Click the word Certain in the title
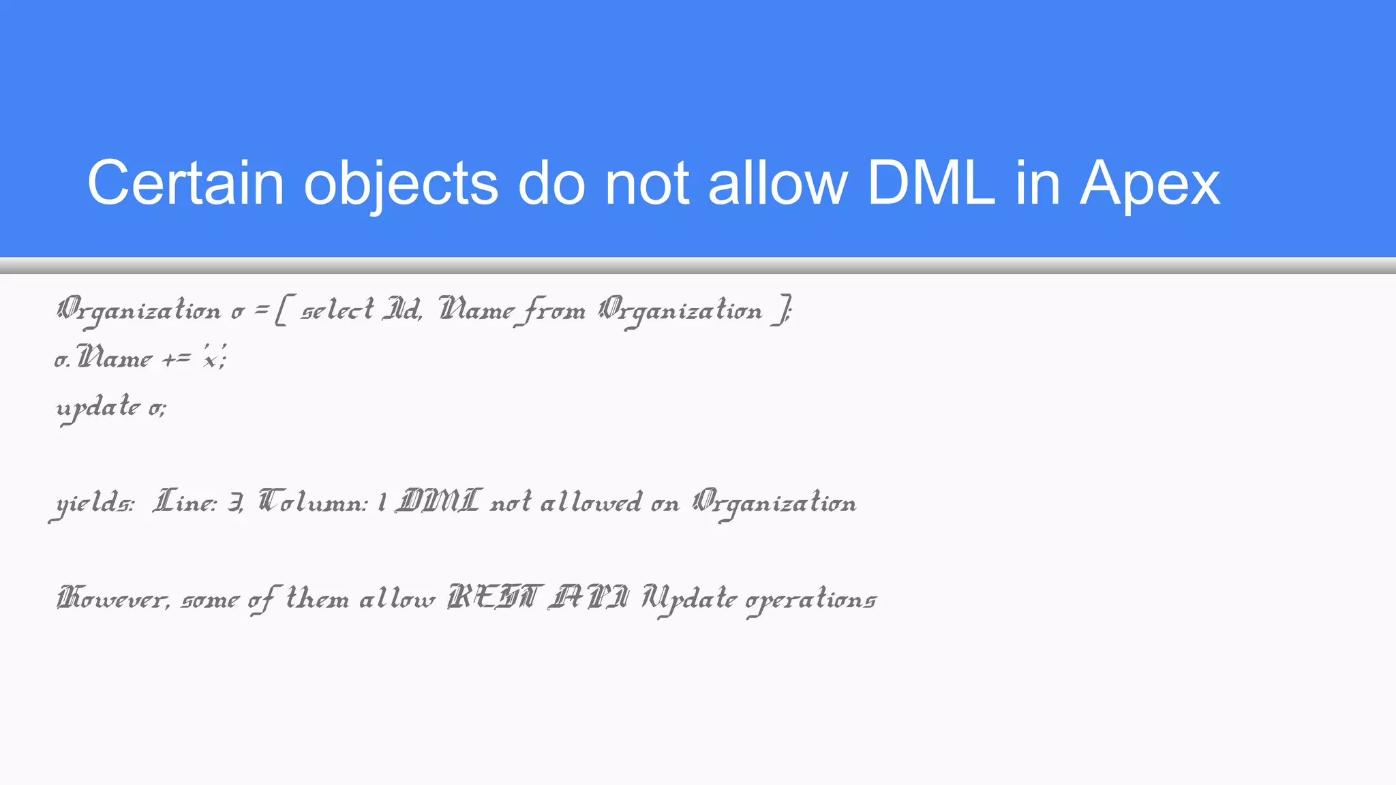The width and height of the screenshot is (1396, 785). pyautogui.click(x=185, y=183)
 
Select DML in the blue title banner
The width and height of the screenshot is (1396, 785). pyautogui.click(x=931, y=183)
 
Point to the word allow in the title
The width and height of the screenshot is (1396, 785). pyautogui.click(x=778, y=183)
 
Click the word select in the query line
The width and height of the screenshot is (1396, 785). pyautogui.click(x=337, y=311)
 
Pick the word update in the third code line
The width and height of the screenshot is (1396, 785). pyautogui.click(x=98, y=407)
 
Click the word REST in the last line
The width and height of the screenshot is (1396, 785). pyautogui.click(x=495, y=598)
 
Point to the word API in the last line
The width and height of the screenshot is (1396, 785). pyautogui.click(x=590, y=598)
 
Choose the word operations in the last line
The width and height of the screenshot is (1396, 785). pyautogui.click(x=811, y=600)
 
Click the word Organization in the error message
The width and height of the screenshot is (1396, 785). pyautogui.click(x=774, y=504)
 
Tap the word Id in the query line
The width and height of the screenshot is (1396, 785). pyautogui.click(x=401, y=311)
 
